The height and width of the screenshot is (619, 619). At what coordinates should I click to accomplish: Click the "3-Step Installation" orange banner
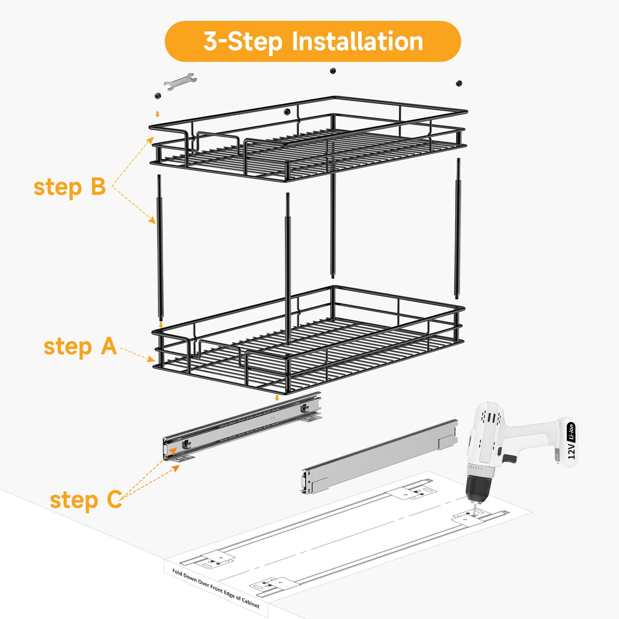click(313, 41)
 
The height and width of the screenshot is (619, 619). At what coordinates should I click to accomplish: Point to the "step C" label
click(86, 500)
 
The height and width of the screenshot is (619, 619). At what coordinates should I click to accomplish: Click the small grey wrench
click(180, 81)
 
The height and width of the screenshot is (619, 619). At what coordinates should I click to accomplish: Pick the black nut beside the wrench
click(157, 96)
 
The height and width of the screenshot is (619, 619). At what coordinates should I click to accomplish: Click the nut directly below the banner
click(333, 71)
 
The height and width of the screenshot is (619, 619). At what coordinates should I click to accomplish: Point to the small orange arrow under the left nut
click(157, 114)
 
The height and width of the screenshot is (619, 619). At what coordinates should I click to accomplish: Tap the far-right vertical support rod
click(458, 228)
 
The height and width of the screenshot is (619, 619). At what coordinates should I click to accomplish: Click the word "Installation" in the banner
click(358, 41)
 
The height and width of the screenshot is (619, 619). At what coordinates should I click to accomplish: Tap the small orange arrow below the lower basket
click(277, 398)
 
